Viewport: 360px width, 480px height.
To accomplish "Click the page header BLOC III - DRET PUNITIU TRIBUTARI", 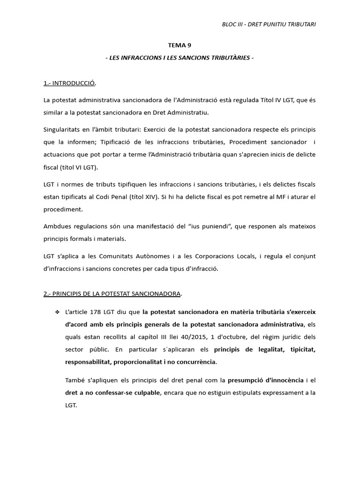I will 269,24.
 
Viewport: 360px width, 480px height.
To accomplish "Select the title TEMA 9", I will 180,45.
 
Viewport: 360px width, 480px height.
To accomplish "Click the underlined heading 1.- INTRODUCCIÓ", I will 69,83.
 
